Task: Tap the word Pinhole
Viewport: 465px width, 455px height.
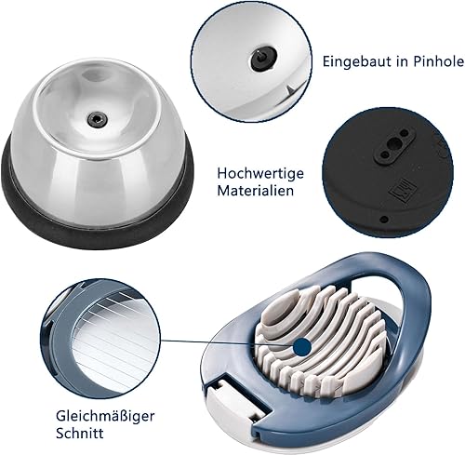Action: point(438,61)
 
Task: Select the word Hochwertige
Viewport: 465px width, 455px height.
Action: point(260,174)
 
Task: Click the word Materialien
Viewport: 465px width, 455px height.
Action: point(255,190)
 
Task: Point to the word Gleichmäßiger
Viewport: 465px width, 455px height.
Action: point(105,417)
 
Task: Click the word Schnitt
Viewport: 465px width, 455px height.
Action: point(80,433)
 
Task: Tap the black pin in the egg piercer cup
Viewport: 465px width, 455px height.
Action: point(98,118)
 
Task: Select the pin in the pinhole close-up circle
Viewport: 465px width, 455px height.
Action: point(262,57)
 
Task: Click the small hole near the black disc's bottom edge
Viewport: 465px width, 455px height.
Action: point(384,220)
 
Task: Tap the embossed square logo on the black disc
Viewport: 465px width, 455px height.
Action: point(400,190)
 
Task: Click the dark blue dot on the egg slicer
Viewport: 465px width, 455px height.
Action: point(302,346)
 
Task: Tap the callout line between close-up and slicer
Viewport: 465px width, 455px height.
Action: point(227,342)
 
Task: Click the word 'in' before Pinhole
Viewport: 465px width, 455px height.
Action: point(402,61)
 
